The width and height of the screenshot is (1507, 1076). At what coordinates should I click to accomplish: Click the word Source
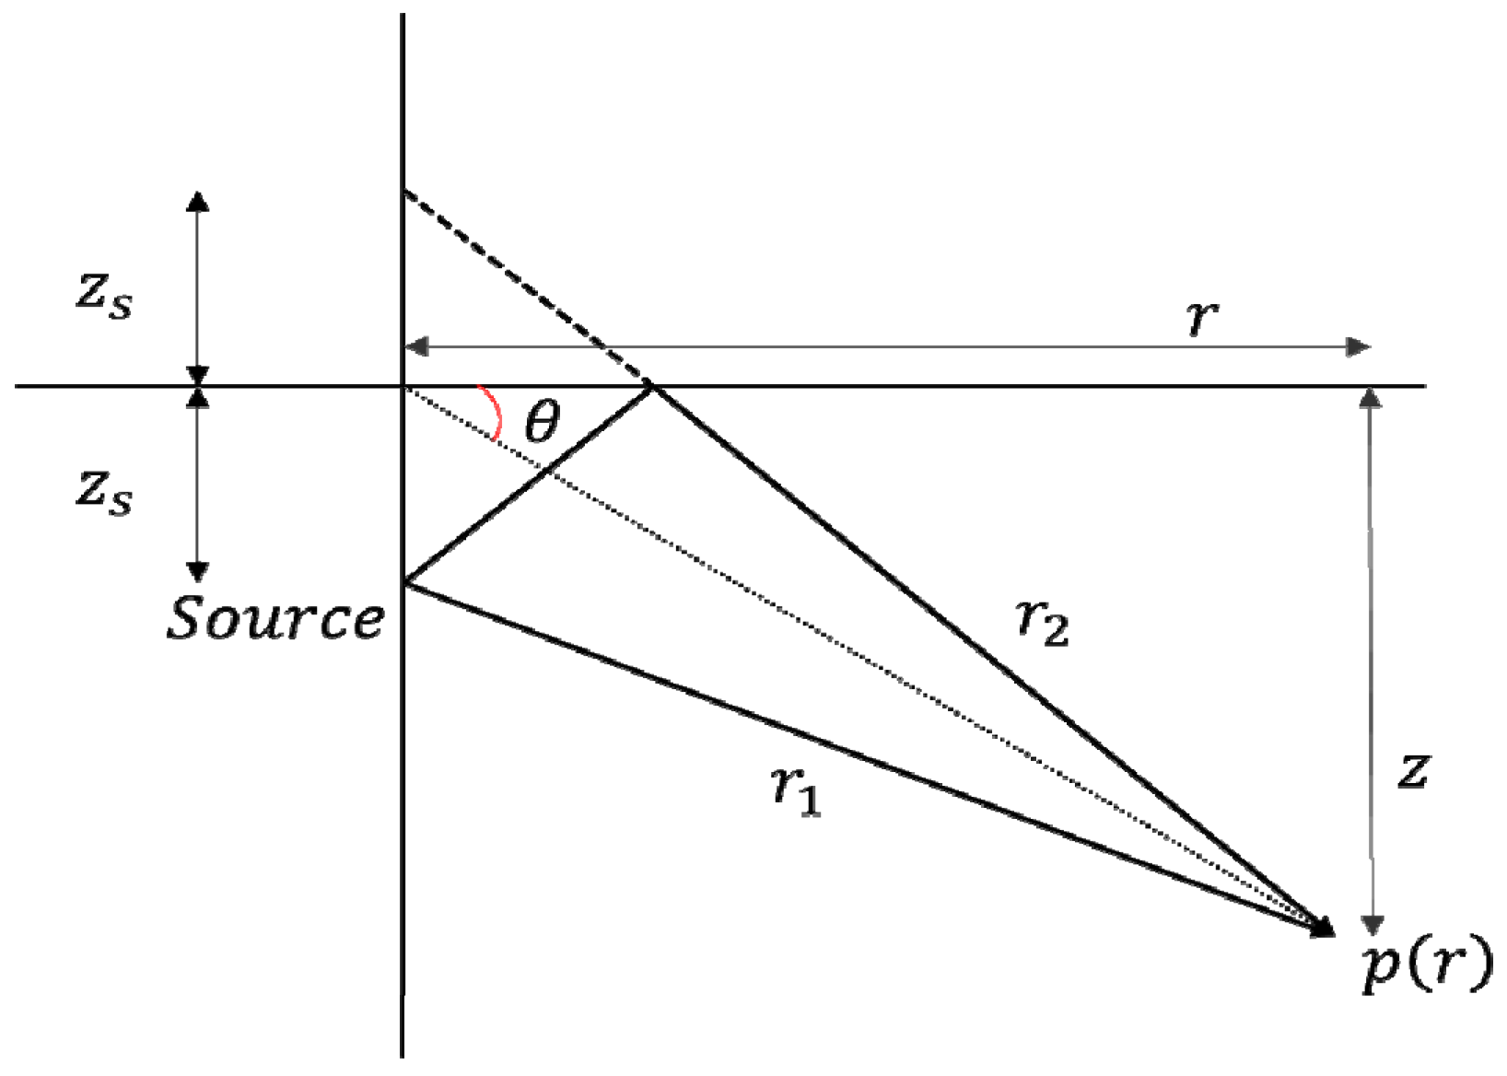click(x=275, y=618)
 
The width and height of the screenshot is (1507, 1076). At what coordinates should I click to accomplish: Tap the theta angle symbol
click(x=542, y=424)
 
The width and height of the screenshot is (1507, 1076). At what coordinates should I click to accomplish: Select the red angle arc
click(x=494, y=412)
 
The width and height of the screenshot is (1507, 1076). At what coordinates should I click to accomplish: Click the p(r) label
click(x=1426, y=966)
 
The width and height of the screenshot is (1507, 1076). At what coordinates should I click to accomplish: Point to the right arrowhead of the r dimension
click(x=1359, y=347)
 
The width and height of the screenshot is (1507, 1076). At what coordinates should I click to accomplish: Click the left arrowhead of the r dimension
click(x=417, y=347)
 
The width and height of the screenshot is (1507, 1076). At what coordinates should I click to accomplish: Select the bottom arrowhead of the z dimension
click(x=1373, y=925)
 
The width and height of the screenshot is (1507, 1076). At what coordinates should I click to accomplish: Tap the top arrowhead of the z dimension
click(x=1371, y=398)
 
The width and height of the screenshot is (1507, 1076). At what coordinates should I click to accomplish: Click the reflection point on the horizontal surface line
click(x=653, y=387)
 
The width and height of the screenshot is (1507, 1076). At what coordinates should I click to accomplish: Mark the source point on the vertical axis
click(x=403, y=583)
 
